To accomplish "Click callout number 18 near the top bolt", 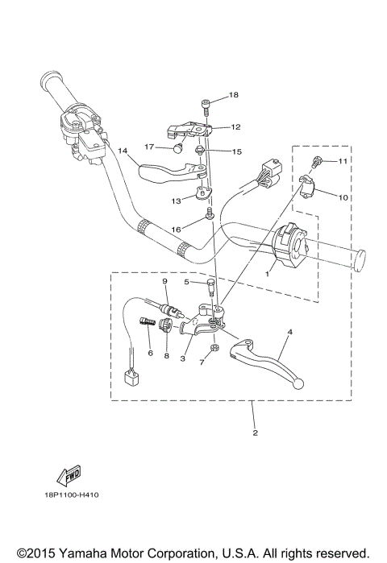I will [x=234, y=95].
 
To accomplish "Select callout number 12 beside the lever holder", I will [x=235, y=127].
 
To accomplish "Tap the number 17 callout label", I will [x=150, y=147].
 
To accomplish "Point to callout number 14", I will [x=123, y=151].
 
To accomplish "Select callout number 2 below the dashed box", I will [x=254, y=433].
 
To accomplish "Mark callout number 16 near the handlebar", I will [x=176, y=230].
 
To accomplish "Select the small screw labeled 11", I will [x=320, y=163].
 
